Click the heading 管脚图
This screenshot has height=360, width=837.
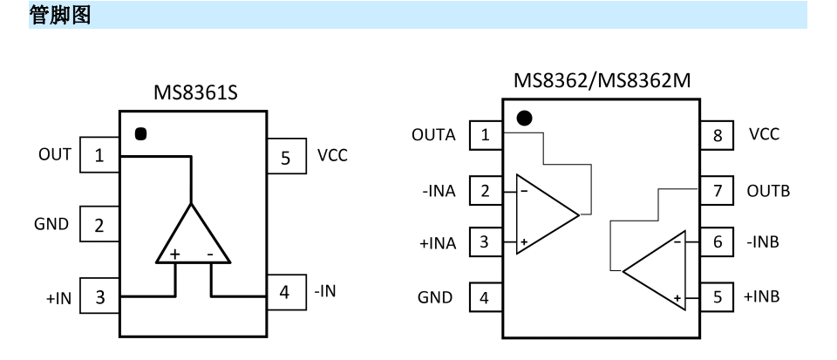(60, 15)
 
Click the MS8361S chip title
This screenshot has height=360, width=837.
(195, 92)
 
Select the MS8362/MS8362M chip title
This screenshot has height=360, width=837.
(602, 80)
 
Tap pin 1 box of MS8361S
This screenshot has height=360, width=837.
(99, 154)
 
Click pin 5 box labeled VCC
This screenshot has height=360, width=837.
(287, 156)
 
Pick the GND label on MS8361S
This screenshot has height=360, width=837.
(51, 224)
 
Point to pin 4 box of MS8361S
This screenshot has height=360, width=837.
(287, 292)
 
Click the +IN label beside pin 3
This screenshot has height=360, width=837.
(58, 297)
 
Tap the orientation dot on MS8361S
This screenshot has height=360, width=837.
(140, 134)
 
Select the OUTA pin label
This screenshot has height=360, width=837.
(433, 135)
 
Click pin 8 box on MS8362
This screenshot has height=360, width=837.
(717, 135)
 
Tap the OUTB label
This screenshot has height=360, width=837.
(768, 190)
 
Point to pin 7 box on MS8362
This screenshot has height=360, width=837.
(717, 190)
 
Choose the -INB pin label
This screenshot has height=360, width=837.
(763, 241)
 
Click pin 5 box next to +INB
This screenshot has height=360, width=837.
(717, 296)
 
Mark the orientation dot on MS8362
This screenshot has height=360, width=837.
(525, 119)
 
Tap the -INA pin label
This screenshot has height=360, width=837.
(439, 190)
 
